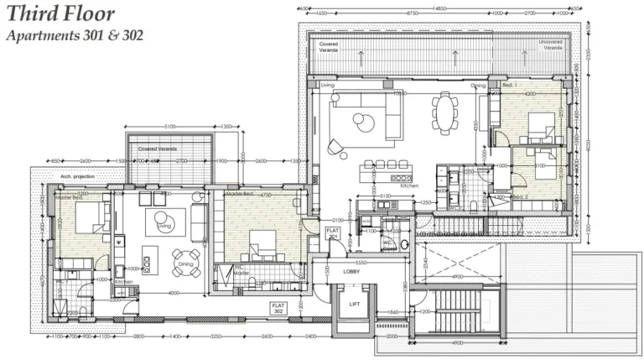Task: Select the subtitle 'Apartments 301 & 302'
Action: [75, 36]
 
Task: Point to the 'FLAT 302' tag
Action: [278, 307]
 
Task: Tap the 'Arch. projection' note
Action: [78, 177]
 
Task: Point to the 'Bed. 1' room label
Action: [510, 86]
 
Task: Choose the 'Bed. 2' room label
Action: [521, 196]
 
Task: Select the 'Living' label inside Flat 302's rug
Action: [164, 226]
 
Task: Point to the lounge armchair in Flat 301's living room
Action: [337, 148]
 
